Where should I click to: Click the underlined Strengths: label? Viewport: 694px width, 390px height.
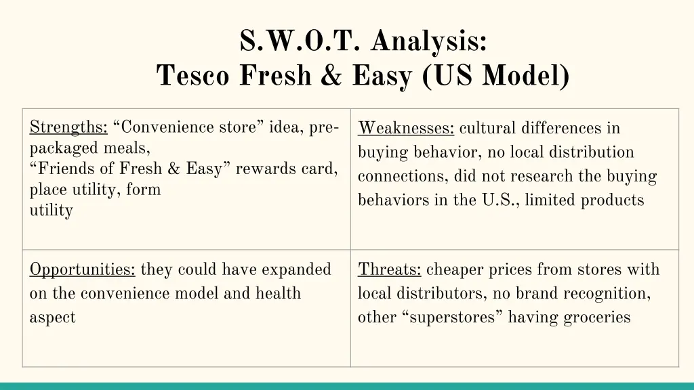(68, 127)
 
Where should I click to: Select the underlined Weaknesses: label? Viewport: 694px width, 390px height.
(407, 128)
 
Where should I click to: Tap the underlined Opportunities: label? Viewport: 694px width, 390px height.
(82, 269)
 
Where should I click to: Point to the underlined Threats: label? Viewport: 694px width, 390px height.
(390, 269)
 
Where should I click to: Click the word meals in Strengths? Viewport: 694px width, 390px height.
(127, 148)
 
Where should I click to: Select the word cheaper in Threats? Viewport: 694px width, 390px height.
(453, 269)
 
